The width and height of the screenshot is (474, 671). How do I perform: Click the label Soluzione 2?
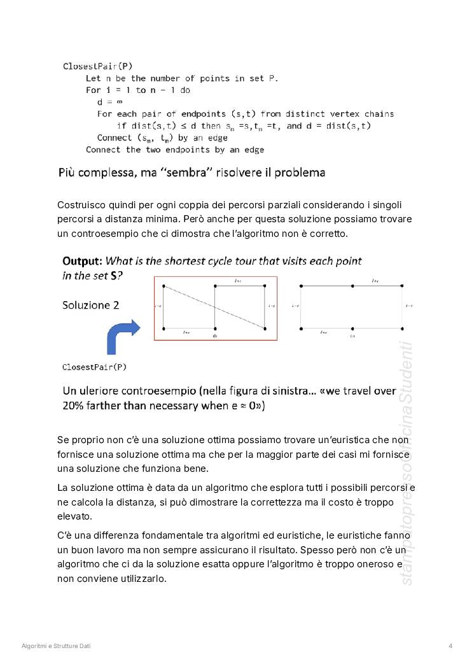point(90,305)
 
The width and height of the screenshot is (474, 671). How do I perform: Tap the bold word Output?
point(82,261)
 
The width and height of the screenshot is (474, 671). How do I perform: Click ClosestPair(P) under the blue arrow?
point(94,367)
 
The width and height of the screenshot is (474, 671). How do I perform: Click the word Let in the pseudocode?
point(93,78)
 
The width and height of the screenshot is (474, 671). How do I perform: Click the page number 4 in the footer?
point(450,646)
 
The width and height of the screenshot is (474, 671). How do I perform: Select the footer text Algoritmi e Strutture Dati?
point(56,646)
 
